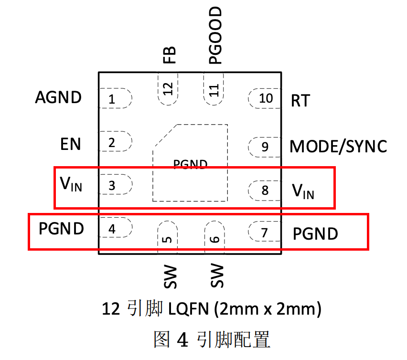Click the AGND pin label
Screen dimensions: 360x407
pos(58,98)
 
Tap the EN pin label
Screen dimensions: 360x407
pos(70,144)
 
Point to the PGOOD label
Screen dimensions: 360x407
pos(215,36)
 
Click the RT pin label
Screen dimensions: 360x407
pos(300,101)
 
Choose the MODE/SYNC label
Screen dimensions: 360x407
pos(338,147)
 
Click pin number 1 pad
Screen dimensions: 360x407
pos(115,100)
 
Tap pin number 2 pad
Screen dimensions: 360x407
pos(115,142)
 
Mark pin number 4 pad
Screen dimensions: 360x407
pos(115,229)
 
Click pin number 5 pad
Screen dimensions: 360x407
pos(168,237)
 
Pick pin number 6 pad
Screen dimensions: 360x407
pos(214,237)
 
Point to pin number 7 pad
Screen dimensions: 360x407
pos(264,233)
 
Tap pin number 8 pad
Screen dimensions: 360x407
pos(264,191)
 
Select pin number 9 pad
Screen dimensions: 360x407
pos(264,147)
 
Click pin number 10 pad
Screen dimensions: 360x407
pos(264,98)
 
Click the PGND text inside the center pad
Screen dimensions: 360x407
pos(190,165)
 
